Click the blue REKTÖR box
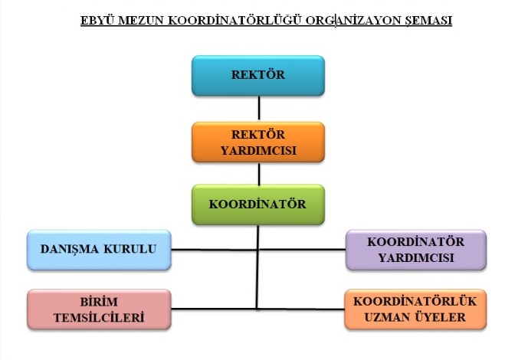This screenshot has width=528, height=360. pyautogui.click(x=258, y=76)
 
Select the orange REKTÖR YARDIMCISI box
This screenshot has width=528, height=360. pyautogui.click(x=258, y=142)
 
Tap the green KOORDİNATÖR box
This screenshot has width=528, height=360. pyautogui.click(x=258, y=205)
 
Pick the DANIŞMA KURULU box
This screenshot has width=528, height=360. pyautogui.click(x=99, y=250)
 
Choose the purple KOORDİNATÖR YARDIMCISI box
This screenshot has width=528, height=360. pyautogui.click(x=416, y=250)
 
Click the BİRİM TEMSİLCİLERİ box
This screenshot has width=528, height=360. pyautogui.click(x=99, y=309)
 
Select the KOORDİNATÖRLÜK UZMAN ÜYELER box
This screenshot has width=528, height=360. pyautogui.click(x=415, y=309)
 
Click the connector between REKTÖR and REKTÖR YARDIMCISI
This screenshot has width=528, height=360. pyautogui.click(x=258, y=108)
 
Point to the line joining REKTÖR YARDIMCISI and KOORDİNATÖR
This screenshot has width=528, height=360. pyautogui.click(x=258, y=174)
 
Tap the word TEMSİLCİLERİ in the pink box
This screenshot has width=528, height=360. pyautogui.click(x=99, y=317)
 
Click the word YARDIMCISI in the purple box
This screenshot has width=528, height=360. pyautogui.click(x=416, y=257)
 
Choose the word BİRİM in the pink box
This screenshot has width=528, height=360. pyautogui.click(x=99, y=302)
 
